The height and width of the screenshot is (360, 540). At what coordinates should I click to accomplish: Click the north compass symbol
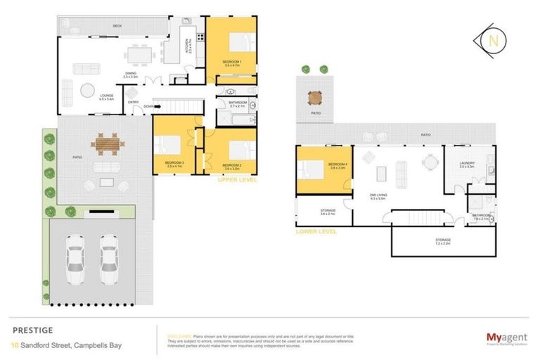click(493, 41)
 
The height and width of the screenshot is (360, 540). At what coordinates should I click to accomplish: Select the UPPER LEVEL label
click(238, 180)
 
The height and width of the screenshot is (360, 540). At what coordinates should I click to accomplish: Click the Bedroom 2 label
click(233, 166)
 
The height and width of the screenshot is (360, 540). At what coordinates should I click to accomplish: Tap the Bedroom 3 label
click(174, 165)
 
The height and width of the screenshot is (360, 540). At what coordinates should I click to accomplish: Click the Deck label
click(117, 26)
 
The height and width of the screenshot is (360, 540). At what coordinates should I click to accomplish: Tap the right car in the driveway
click(108, 256)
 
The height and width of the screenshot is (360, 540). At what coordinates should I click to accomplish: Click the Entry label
click(134, 103)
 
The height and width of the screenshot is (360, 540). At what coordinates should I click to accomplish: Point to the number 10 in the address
click(15, 345)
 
